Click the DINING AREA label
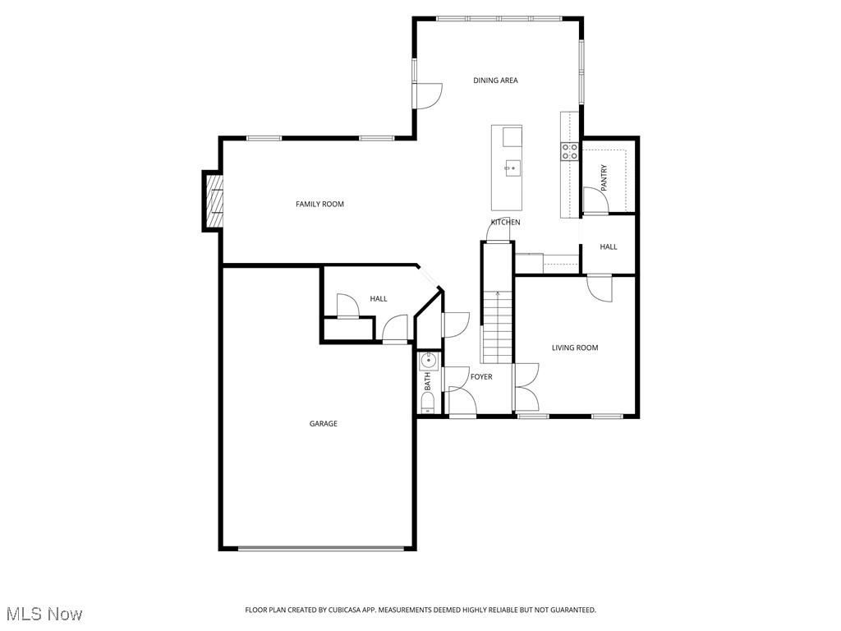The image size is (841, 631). (495, 81)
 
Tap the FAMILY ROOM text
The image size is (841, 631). (319, 204)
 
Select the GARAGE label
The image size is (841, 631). (323, 424)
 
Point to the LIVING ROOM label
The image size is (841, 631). (575, 348)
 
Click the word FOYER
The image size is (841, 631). (481, 377)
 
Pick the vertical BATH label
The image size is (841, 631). (427, 381)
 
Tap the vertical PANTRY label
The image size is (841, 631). (604, 178)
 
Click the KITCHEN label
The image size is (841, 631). (505, 223)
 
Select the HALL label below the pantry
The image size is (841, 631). (609, 246)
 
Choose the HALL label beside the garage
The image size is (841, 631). (379, 299)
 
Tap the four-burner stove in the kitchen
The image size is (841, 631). (569, 150)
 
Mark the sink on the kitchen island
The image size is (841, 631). (512, 168)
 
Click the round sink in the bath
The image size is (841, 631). (428, 360)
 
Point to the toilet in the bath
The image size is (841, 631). (427, 403)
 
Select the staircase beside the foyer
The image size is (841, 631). (497, 329)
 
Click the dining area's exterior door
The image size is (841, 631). (428, 95)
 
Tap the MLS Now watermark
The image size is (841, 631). (44, 614)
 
